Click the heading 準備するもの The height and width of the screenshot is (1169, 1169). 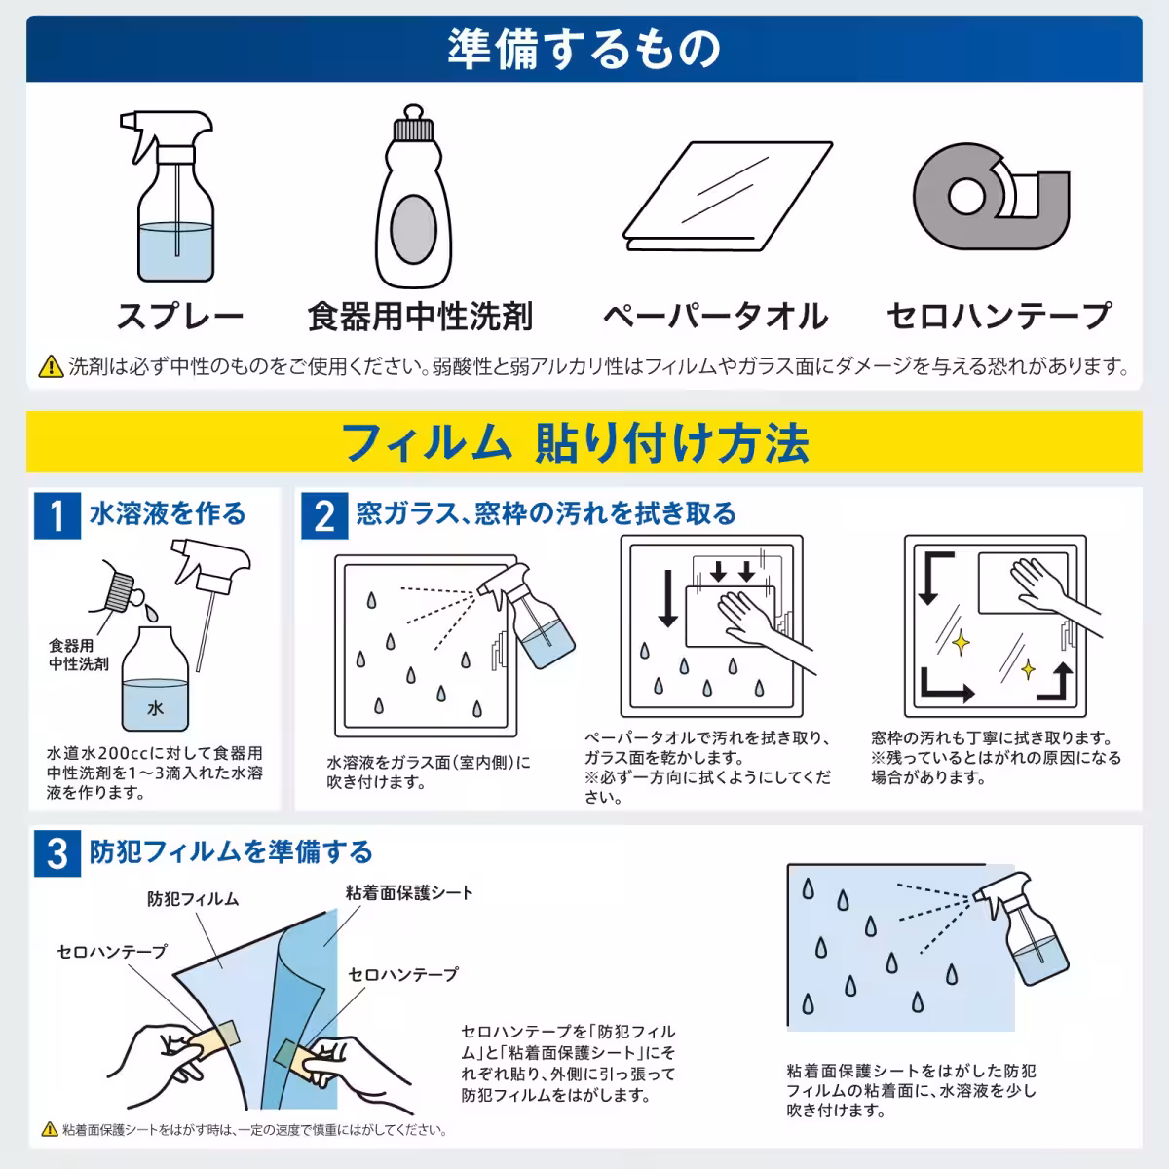pyautogui.click(x=584, y=49)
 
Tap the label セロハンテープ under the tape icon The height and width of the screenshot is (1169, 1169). pyautogui.click(x=999, y=316)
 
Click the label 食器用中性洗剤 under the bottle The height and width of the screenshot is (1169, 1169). pyautogui.click(x=420, y=316)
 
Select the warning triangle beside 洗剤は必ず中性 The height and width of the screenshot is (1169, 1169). pyautogui.click(x=50, y=367)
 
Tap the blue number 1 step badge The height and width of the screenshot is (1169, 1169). pyautogui.click(x=57, y=515)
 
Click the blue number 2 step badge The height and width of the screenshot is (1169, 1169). pyautogui.click(x=324, y=515)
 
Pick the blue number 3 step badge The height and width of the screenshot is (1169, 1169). pyautogui.click(x=57, y=852)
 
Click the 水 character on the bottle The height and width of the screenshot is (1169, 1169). pyautogui.click(x=155, y=708)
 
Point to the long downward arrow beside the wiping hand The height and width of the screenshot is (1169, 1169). pyautogui.click(x=668, y=597)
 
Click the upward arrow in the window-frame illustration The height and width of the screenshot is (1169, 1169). pyautogui.click(x=1062, y=679)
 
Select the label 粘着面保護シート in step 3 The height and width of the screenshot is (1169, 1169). pyautogui.click(x=409, y=892)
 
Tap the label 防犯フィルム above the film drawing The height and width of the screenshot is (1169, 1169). pyautogui.click(x=193, y=899)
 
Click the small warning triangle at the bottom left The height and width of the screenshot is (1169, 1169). pyautogui.click(x=50, y=1130)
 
